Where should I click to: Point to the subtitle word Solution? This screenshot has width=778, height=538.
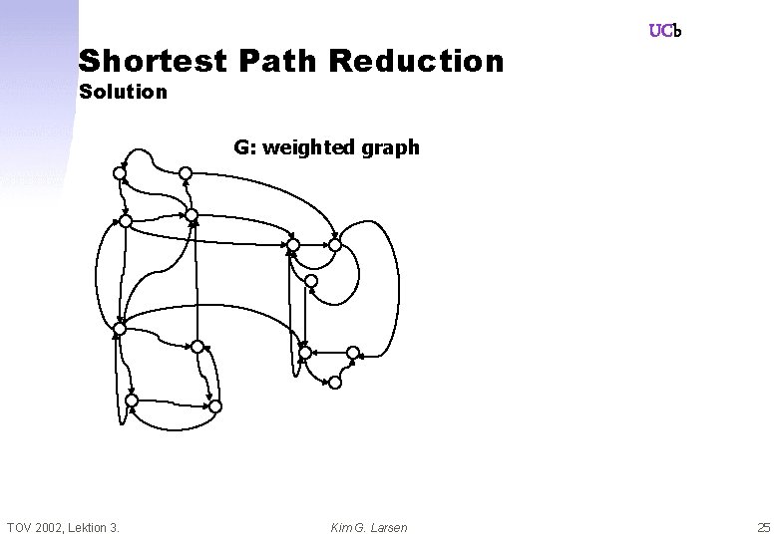point(123,93)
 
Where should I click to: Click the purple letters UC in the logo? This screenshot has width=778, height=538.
point(660,31)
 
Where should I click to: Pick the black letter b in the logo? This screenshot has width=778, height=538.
point(677,31)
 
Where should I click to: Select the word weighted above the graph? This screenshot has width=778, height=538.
point(311,147)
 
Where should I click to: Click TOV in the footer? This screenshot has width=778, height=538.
point(20,526)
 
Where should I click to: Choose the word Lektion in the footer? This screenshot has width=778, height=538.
point(91,526)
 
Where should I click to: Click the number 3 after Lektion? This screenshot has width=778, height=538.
point(116,526)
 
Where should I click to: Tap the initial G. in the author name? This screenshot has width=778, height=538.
point(362,526)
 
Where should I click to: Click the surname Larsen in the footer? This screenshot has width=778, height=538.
point(389,526)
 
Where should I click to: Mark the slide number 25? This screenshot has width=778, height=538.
point(763,526)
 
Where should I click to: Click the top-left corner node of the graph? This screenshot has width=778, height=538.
point(119,173)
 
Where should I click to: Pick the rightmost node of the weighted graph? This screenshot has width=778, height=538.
point(352,352)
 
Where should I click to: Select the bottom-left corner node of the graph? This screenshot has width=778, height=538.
point(130,401)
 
